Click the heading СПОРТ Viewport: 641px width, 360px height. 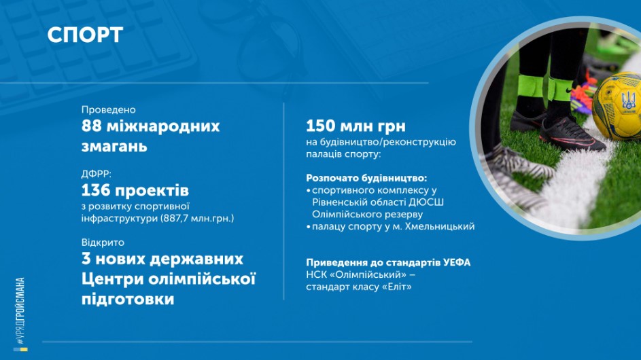pos(85,35)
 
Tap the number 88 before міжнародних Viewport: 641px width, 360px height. pos(91,126)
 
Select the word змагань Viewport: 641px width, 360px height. pos(114,146)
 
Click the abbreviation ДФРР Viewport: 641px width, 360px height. pos(96,175)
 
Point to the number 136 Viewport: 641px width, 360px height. pos(96,190)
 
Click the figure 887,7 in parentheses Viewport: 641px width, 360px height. pos(176,218)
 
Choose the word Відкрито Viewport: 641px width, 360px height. pos(103,242)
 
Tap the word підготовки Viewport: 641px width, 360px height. pos(128,300)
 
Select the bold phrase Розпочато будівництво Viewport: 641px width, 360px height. pos(366,178)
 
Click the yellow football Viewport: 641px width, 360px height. pos(617,105)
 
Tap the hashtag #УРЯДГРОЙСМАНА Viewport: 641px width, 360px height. pos(20,310)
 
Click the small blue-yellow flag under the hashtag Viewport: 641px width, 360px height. pos(20,349)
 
